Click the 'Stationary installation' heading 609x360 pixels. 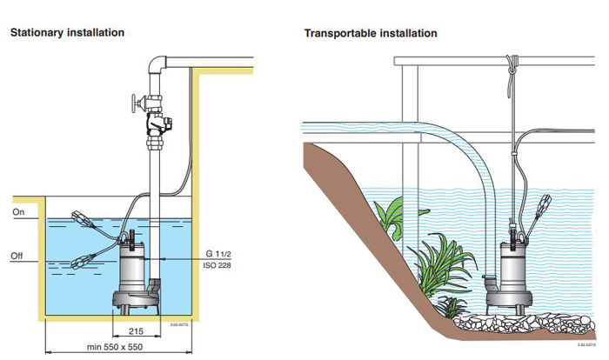66,32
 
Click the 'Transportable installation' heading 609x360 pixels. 370,33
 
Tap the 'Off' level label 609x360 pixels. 18,257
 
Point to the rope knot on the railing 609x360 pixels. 512,63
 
